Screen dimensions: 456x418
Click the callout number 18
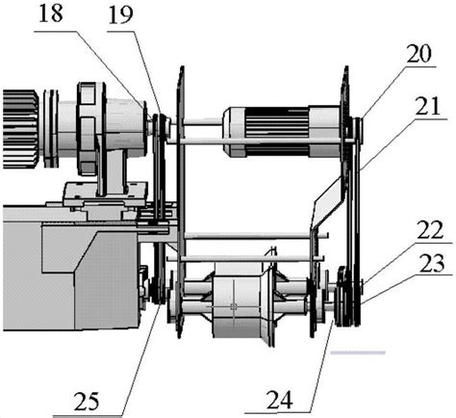click(51, 14)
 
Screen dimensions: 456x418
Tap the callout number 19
click(121, 15)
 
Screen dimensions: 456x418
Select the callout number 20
click(418, 54)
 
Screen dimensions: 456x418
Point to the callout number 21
click(427, 107)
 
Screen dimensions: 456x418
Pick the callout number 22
click(430, 230)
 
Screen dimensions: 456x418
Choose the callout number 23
click(432, 263)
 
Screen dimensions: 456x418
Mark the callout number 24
click(279, 399)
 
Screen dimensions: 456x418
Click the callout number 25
click(87, 401)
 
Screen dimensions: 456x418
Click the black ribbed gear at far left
click(21, 129)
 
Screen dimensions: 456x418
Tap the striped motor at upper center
click(282, 132)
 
